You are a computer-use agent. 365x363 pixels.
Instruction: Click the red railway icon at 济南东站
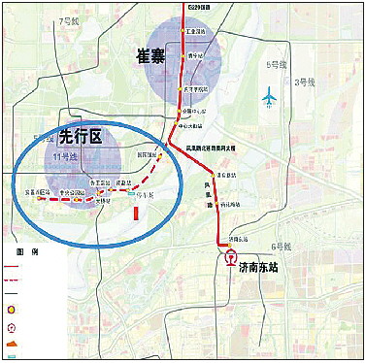[x=230, y=259]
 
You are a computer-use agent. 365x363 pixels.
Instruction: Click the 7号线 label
[x=69, y=19]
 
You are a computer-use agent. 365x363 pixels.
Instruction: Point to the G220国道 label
[x=199, y=7]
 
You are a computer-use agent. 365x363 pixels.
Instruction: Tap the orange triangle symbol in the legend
[x=11, y=344]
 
